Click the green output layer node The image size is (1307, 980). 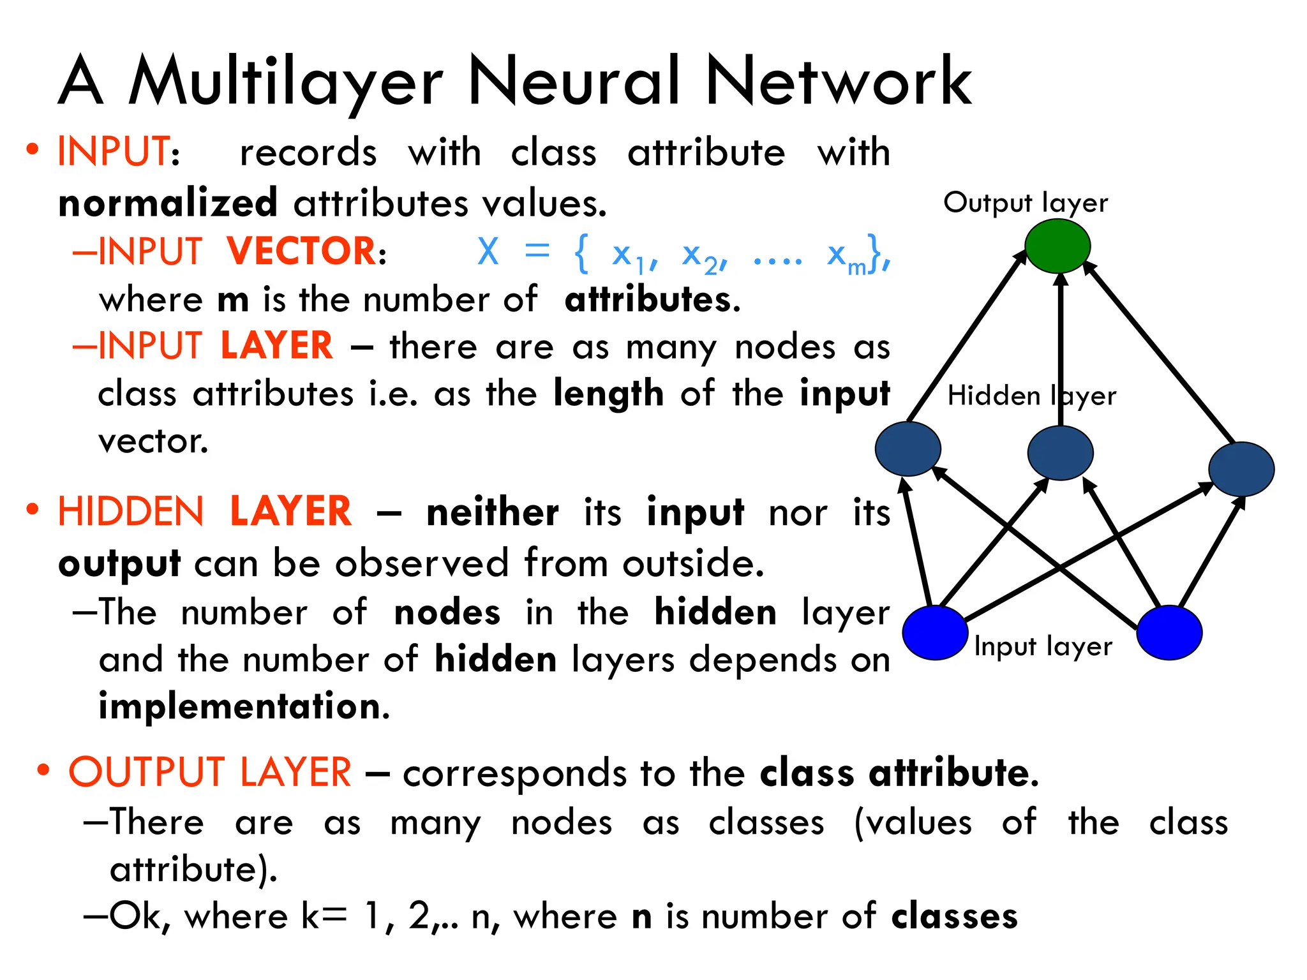1057,246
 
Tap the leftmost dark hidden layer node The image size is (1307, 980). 907,449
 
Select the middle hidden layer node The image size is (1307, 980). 1060,452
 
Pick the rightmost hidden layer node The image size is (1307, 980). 1241,469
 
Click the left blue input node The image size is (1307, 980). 935,632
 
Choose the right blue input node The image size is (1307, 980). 1169,632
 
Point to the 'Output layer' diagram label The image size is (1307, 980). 1026,203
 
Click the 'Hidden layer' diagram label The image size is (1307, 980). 1031,396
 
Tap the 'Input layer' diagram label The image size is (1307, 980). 1043,647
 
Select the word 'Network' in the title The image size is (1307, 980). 839,82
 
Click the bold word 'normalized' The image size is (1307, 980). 168,204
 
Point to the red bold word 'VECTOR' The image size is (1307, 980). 302,251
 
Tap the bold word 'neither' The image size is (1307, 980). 492,512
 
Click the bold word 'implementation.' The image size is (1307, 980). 244,707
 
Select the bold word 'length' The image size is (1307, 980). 608,394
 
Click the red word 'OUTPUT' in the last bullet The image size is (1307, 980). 146,772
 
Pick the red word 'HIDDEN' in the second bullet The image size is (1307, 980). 131,512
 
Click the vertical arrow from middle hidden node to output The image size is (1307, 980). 1061,351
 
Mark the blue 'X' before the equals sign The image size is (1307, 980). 488,251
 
